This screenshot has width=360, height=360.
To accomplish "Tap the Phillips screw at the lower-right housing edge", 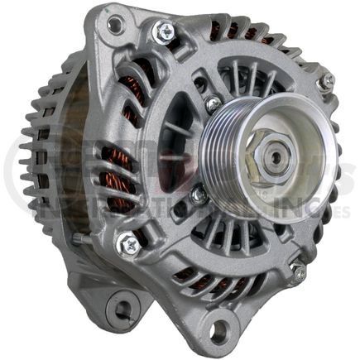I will click(x=297, y=271).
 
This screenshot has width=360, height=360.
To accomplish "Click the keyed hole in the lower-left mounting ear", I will click(x=123, y=310).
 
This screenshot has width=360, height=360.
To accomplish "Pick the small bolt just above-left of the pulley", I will click(x=213, y=104).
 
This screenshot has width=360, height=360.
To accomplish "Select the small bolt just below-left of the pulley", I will click(x=199, y=195).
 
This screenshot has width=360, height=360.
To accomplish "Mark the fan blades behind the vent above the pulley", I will click(x=248, y=79).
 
